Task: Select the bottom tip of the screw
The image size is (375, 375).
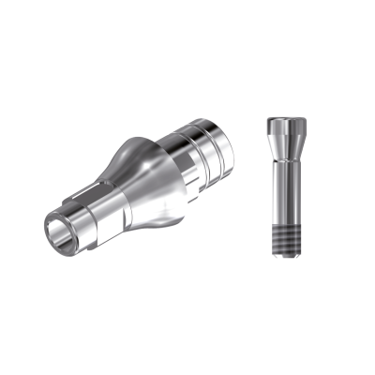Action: coord(282,260)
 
